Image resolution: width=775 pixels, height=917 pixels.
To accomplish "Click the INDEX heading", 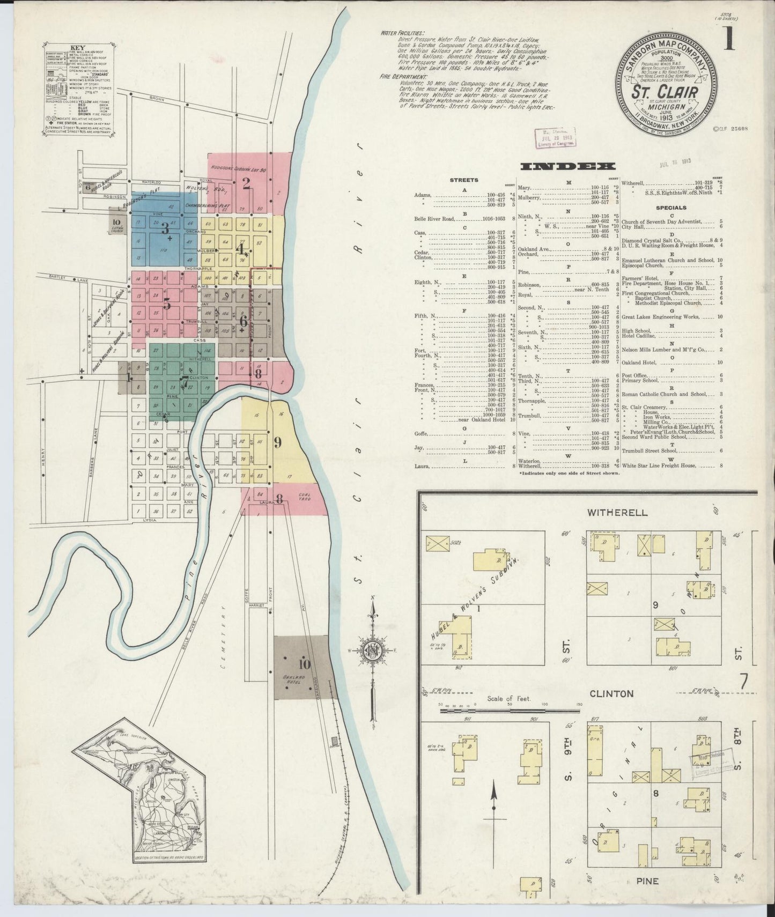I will coord(568,166).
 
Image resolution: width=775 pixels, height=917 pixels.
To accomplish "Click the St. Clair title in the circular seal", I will coord(666,92).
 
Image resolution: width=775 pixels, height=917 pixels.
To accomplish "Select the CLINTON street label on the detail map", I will coord(611,693).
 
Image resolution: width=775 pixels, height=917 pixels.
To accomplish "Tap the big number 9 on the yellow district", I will coord(277,442).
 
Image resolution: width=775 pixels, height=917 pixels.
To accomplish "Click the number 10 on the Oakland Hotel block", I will coord(304,664).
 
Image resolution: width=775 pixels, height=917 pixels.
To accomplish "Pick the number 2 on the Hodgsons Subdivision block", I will coord(247,184).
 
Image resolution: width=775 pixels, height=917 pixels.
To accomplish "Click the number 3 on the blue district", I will coord(166,227).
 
